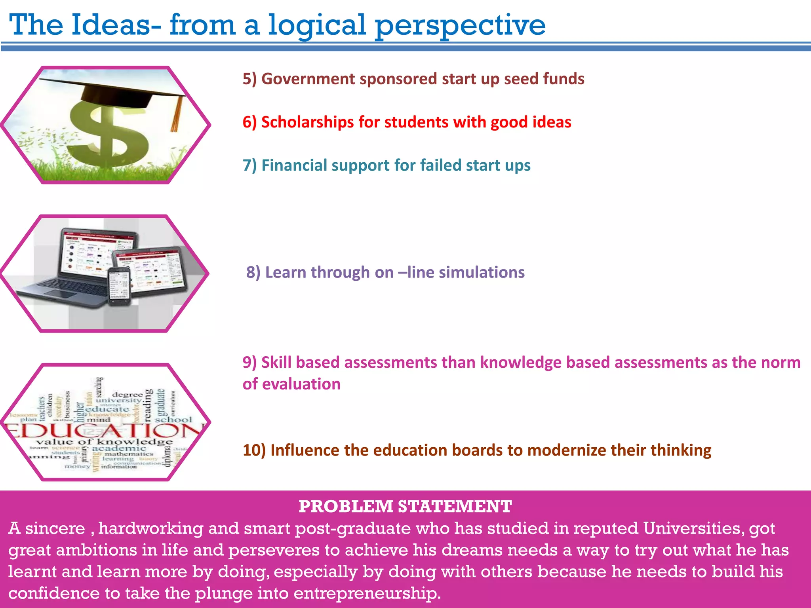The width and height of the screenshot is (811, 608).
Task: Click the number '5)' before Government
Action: pyautogui.click(x=249, y=79)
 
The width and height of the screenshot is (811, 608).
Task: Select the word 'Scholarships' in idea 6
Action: pyautogui.click(x=307, y=122)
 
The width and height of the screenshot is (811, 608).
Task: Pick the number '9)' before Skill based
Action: pyautogui.click(x=249, y=363)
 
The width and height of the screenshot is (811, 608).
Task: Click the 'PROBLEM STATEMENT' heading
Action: pyautogui.click(x=405, y=506)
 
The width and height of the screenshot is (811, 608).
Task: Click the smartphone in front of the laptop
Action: pyautogui.click(x=119, y=286)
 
